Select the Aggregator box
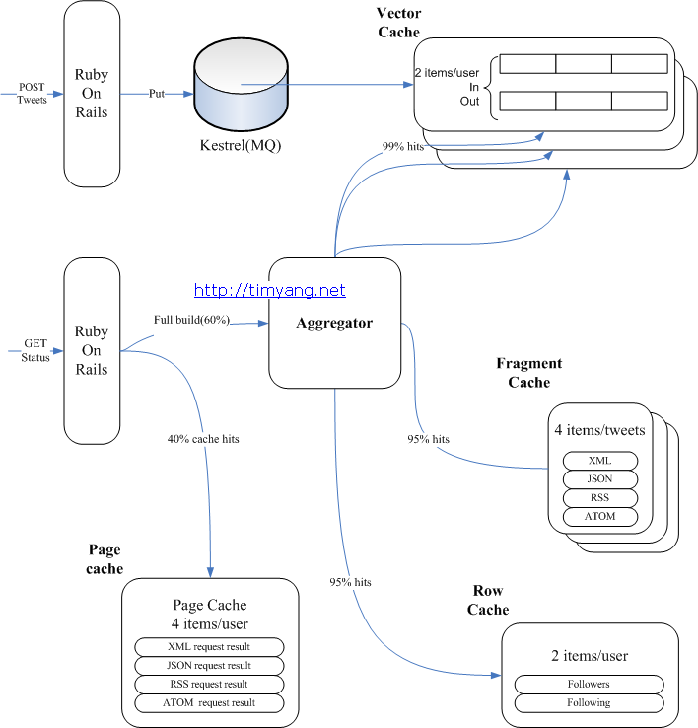(x=335, y=323)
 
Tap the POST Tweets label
(x=32, y=94)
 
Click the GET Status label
(x=35, y=350)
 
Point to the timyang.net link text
(x=270, y=290)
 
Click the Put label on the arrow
(x=157, y=94)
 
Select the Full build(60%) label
(x=191, y=320)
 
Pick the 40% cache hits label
(x=203, y=439)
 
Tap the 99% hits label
(x=405, y=146)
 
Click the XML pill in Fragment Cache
(x=599, y=461)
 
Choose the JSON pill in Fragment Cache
(x=599, y=479)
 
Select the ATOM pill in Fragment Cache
(x=599, y=516)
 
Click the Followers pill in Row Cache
(x=590, y=684)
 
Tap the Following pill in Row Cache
(x=590, y=702)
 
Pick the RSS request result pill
(x=208, y=684)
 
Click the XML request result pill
(x=208, y=646)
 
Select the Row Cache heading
(x=488, y=600)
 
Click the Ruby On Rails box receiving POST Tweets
(x=92, y=94)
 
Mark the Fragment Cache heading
(x=528, y=373)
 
